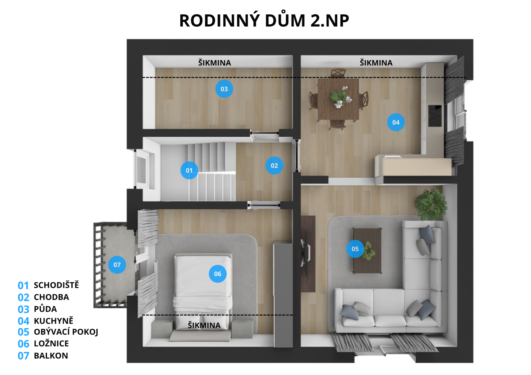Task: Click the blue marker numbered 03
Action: [x=224, y=89]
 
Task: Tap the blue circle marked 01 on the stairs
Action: [x=189, y=171]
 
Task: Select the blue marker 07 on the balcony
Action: [x=117, y=265]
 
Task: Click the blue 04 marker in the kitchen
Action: [x=396, y=122]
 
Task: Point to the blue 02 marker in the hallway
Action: [x=274, y=166]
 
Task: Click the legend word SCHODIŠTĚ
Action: [x=56, y=285]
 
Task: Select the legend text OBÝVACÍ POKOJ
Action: [x=66, y=332]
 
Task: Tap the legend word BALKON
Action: [x=51, y=356]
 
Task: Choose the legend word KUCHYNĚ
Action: [x=54, y=321]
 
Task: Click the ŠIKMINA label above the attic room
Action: [x=215, y=63]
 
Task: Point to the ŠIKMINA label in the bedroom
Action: [x=204, y=325]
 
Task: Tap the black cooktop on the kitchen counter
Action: [x=435, y=116]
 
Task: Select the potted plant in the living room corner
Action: [x=431, y=205]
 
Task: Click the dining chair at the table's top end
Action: [x=338, y=73]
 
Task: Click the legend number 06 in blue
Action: [x=24, y=344]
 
